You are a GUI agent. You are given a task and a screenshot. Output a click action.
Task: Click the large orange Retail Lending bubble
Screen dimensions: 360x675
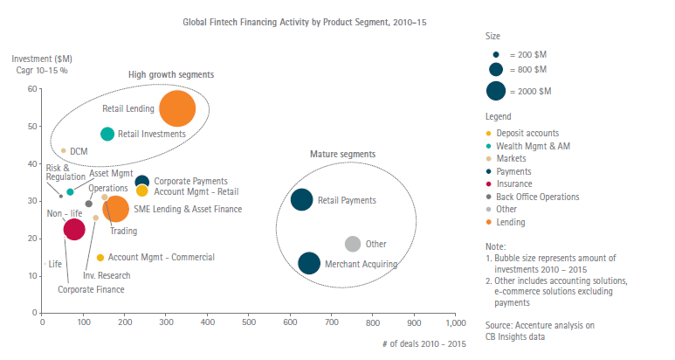[x=177, y=108]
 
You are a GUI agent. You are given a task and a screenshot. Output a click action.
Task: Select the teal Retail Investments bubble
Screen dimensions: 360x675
[x=107, y=134]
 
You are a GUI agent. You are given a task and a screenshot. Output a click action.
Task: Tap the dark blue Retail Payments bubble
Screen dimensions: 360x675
[x=301, y=200]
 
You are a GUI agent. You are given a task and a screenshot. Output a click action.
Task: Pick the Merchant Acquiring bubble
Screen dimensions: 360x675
[x=309, y=263]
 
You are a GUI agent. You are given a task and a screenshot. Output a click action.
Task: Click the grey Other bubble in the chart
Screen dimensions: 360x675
[x=353, y=244]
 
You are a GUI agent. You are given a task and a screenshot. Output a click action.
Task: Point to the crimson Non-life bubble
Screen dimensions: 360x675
[x=74, y=230]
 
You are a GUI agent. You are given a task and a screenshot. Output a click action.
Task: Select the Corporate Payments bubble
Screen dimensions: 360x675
[x=142, y=182]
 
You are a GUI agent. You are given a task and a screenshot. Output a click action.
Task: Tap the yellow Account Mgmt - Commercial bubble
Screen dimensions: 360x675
[x=100, y=258]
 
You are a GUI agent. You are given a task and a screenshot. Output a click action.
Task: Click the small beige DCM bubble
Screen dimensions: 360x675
[x=63, y=150]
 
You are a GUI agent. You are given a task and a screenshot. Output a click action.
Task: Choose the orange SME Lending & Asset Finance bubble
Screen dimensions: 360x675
[x=115, y=208]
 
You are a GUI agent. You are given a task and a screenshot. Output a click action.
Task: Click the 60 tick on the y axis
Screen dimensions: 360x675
[x=32, y=89]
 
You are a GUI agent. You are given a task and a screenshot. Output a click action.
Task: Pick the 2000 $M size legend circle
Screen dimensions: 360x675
[x=496, y=91]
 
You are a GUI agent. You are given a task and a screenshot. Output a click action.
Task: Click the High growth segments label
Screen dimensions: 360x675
[x=171, y=74]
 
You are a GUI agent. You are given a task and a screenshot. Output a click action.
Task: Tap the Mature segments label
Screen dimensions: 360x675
[x=342, y=154]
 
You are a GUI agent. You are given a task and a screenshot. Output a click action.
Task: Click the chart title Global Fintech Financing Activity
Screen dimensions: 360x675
[x=303, y=18]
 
